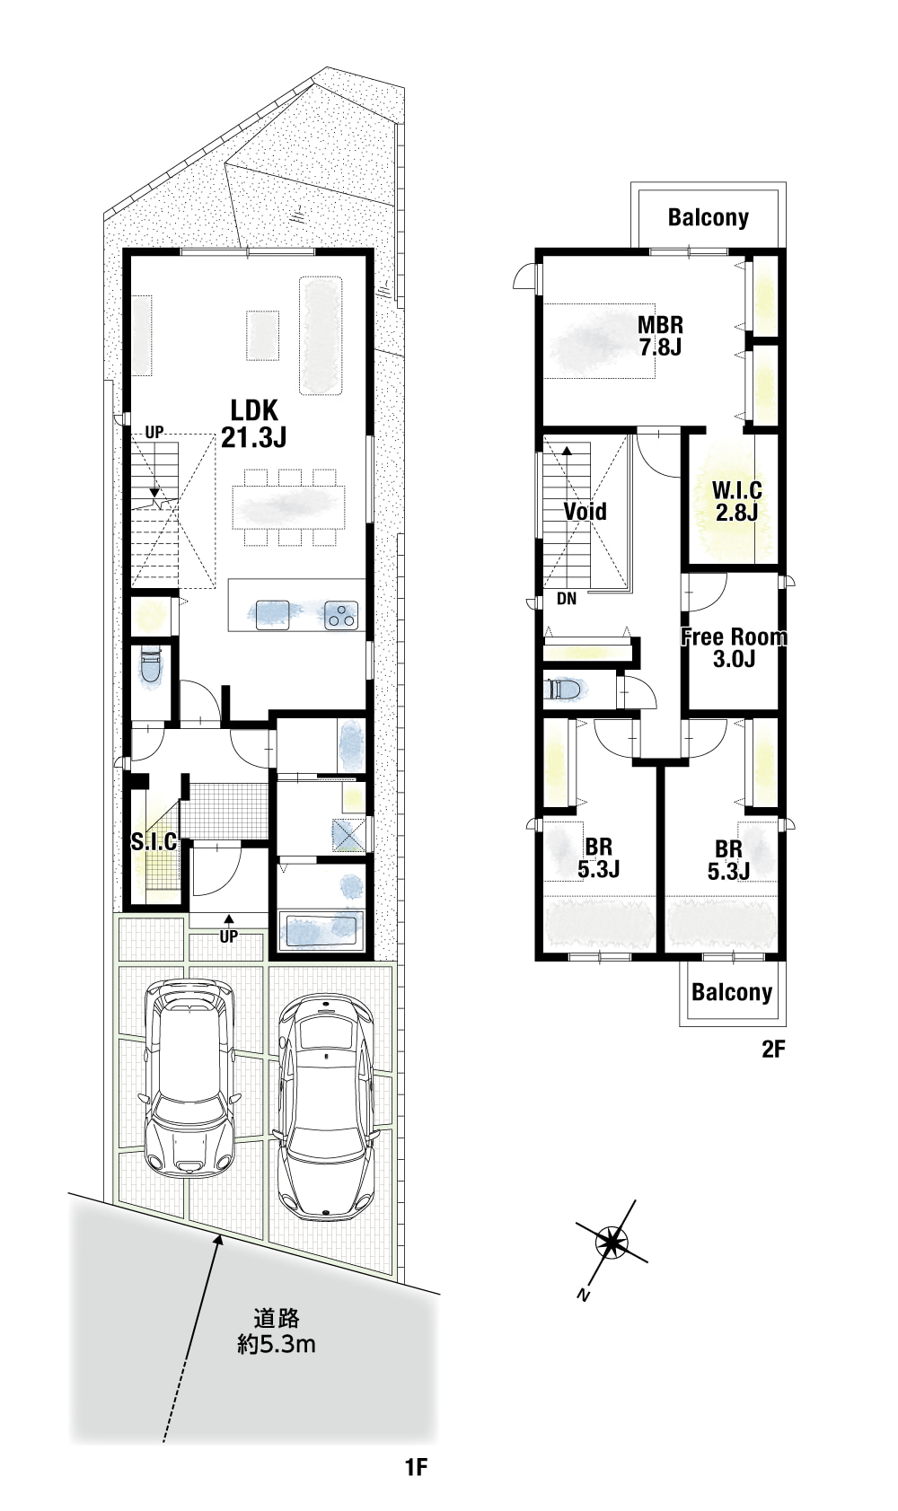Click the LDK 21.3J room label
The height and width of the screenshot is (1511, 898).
(254, 424)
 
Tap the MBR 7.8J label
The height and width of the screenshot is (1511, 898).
(661, 336)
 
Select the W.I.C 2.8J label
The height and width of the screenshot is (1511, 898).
(736, 501)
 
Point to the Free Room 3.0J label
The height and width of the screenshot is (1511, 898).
(734, 647)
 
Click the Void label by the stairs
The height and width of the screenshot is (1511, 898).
(585, 512)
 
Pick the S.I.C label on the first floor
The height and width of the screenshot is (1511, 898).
(154, 842)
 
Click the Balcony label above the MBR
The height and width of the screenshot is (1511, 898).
(709, 217)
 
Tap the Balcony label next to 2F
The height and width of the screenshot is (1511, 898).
(732, 992)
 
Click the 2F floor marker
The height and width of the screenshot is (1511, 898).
(774, 1049)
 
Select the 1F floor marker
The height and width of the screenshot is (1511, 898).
(417, 1480)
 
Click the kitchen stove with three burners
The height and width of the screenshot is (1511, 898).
(340, 615)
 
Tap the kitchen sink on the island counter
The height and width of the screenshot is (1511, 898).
(273, 614)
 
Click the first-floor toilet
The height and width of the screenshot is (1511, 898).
(150, 666)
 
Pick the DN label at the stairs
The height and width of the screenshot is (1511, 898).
(567, 598)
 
